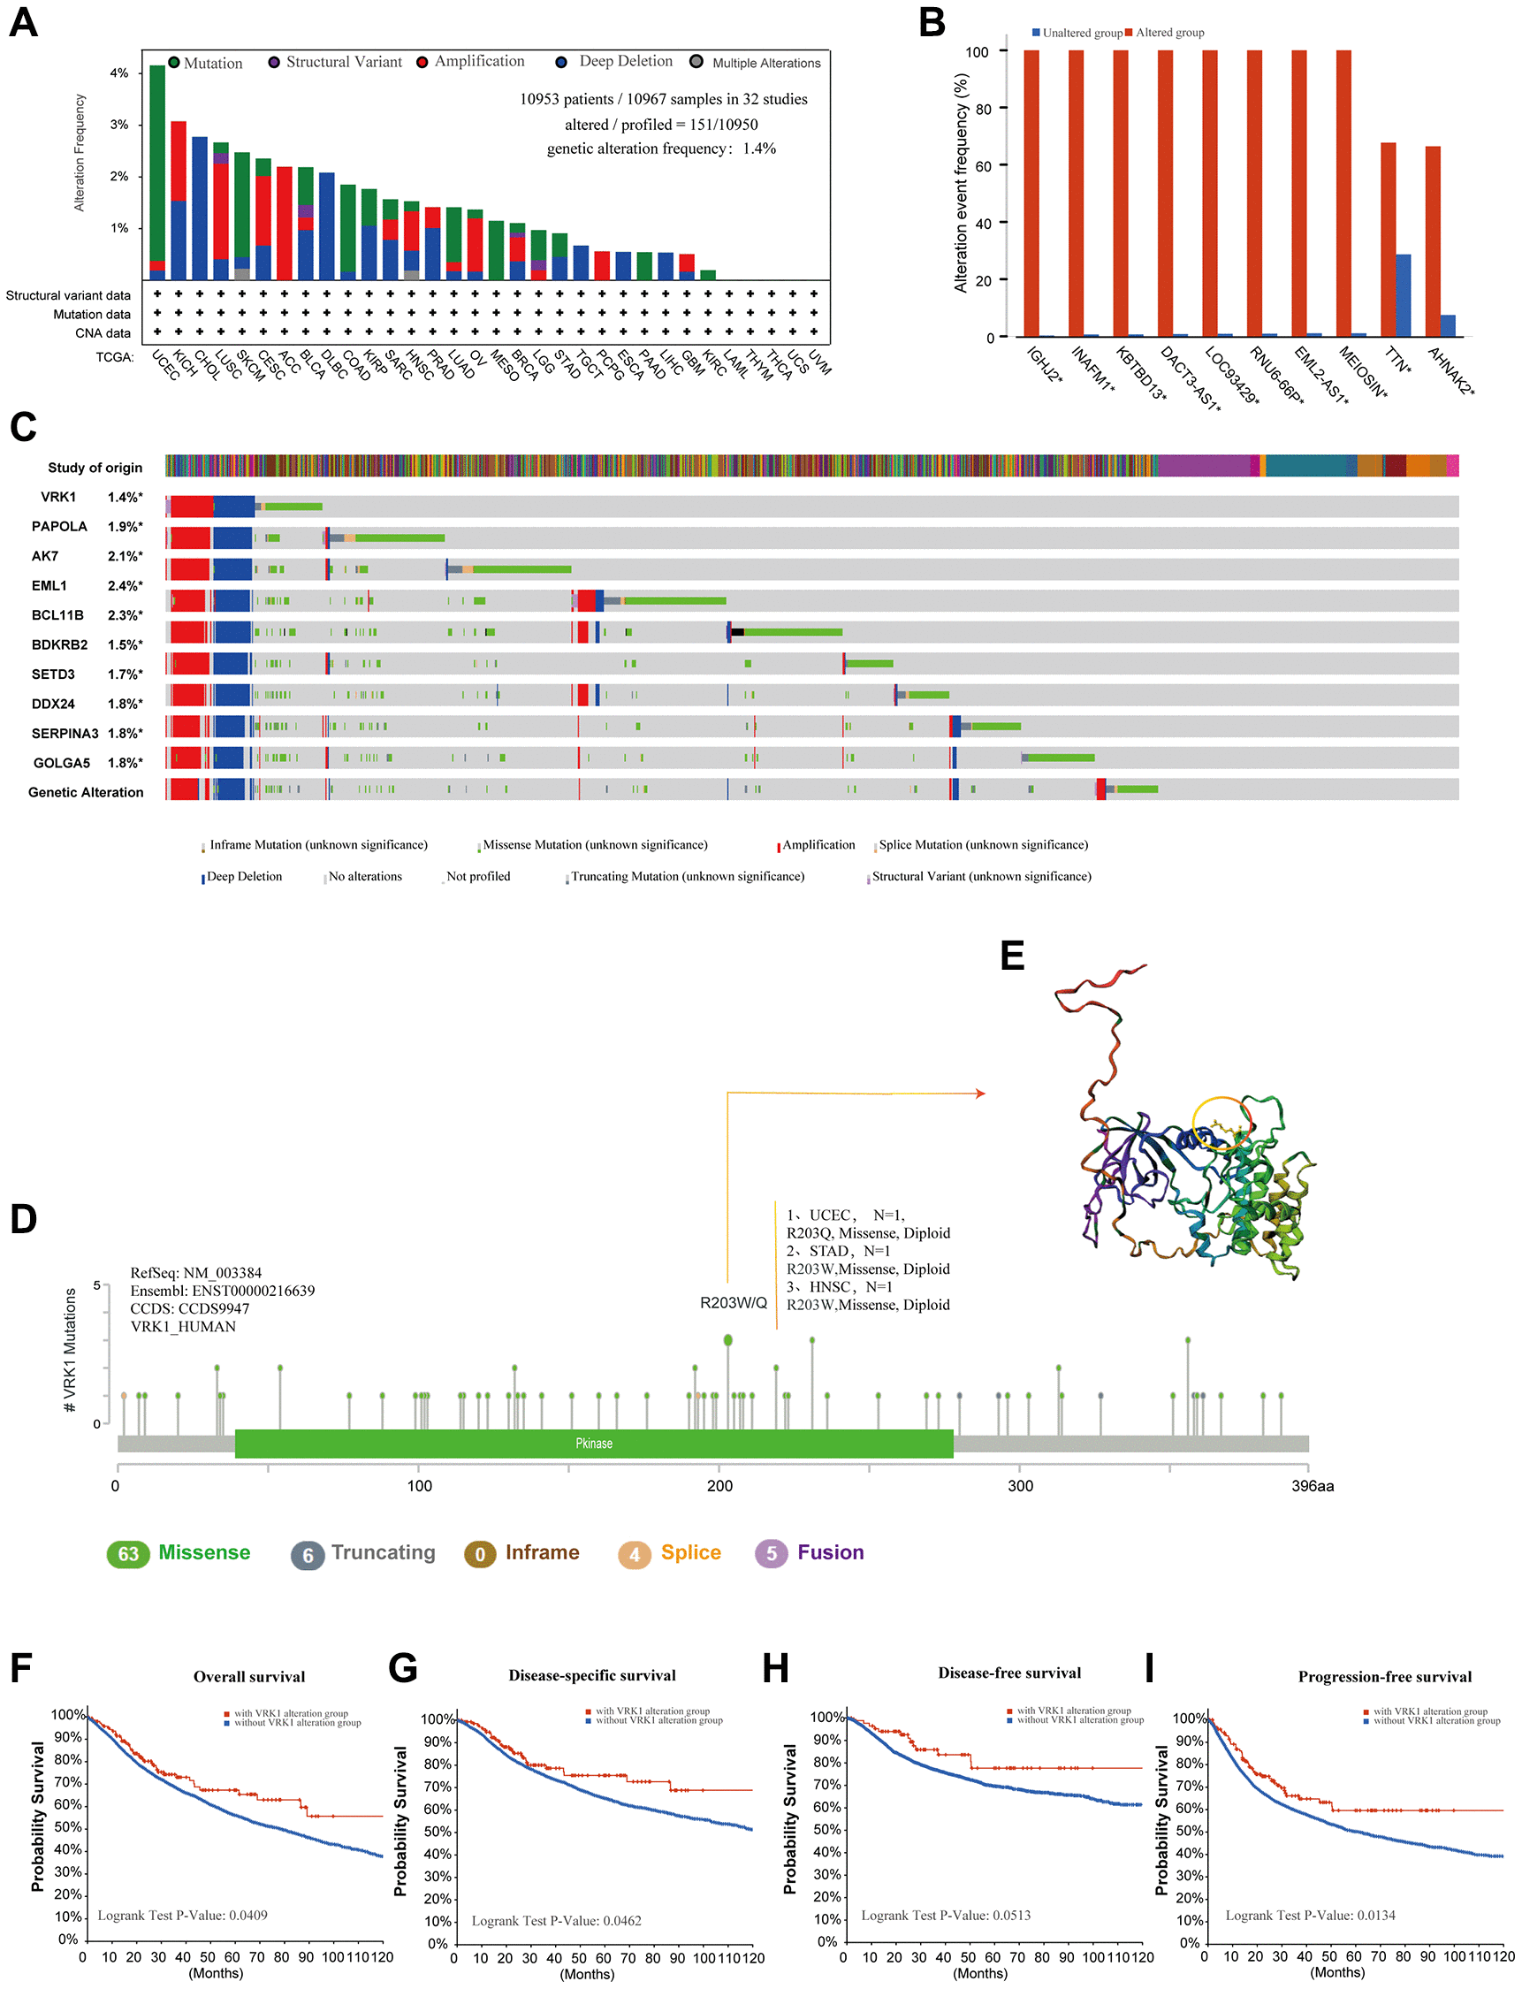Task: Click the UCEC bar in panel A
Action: pyautogui.click(x=157, y=172)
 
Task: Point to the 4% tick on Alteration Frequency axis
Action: pyautogui.click(x=119, y=72)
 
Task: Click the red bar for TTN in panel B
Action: pyautogui.click(x=1388, y=240)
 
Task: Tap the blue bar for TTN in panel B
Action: pyautogui.click(x=1404, y=295)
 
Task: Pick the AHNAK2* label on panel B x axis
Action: pyautogui.click(x=1451, y=371)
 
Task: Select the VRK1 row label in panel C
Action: pyautogui.click(x=59, y=497)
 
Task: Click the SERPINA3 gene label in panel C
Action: pyautogui.click(x=65, y=733)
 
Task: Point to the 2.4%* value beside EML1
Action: pyautogui.click(x=125, y=585)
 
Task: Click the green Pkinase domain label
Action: pyautogui.click(x=594, y=1444)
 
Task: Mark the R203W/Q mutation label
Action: pyautogui.click(x=733, y=1302)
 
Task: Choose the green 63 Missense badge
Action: pyautogui.click(x=128, y=1554)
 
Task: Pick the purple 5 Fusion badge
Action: pyautogui.click(x=771, y=1553)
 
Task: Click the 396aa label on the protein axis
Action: pyautogui.click(x=1312, y=1486)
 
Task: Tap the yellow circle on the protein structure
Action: pyautogui.click(x=1221, y=1124)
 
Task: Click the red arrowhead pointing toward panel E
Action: pyautogui.click(x=980, y=1094)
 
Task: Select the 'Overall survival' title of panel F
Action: pyautogui.click(x=249, y=1676)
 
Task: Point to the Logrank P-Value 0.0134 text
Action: pyautogui.click(x=1310, y=1915)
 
